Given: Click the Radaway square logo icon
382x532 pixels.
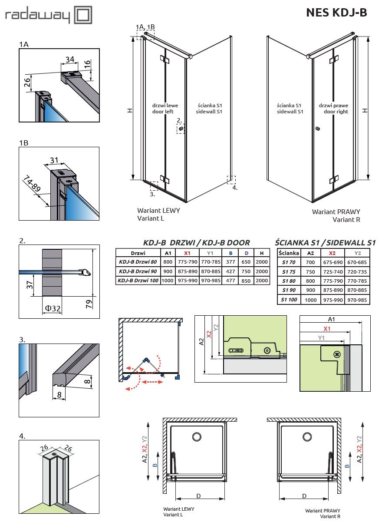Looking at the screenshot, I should [84, 16].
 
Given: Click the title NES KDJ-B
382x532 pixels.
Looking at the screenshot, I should [336, 13].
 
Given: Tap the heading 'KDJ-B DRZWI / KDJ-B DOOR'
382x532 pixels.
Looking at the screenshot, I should [196, 243].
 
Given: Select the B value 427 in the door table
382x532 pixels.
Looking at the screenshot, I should [231, 271].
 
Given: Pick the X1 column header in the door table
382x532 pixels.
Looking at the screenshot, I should [187, 253].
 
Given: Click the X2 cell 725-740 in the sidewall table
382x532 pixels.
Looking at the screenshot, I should [333, 271].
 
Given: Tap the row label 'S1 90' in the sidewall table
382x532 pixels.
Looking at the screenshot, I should [288, 290].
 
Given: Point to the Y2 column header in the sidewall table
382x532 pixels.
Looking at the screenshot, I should [358, 253].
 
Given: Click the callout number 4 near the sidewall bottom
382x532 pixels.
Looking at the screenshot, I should [235, 188].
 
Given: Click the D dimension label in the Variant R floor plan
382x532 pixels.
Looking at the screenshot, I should [304, 496].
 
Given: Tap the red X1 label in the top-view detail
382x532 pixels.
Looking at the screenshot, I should [327, 329].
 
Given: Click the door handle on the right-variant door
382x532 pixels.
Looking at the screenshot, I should [318, 129].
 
